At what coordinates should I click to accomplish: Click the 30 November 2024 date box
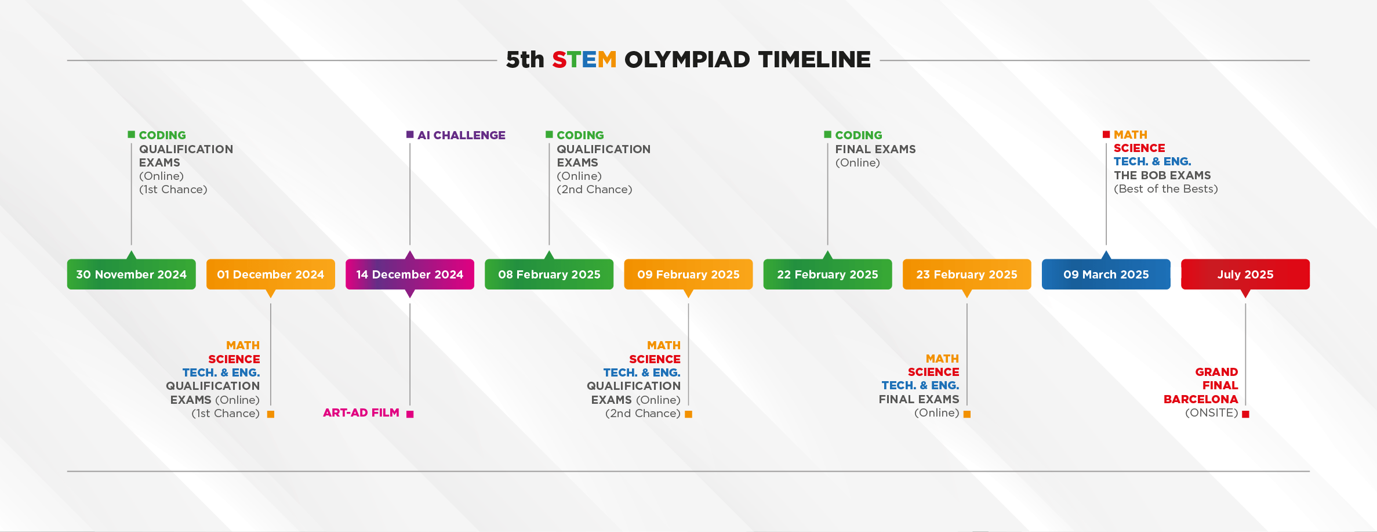(131, 274)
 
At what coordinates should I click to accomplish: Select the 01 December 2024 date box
(270, 274)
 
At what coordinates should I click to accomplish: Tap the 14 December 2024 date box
(409, 274)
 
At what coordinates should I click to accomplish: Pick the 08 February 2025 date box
(548, 274)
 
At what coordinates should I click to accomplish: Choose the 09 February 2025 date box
(688, 274)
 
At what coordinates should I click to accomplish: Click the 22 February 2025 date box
(827, 274)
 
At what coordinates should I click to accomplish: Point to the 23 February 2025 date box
(967, 274)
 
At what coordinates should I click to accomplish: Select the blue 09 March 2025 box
(1106, 274)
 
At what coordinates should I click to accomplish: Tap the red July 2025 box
(1245, 274)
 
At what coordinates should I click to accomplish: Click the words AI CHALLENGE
(461, 135)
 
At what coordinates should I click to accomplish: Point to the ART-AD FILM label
(361, 413)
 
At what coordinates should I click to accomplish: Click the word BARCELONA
(1200, 399)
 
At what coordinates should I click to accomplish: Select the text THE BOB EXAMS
(1162, 175)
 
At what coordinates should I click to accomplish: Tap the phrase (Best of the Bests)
(1165, 189)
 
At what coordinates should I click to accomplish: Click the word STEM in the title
(584, 60)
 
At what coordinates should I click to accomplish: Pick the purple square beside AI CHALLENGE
(410, 135)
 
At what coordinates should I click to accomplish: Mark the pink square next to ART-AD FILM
(410, 414)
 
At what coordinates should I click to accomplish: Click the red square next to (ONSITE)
(1245, 414)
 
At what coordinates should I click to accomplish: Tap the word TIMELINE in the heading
(813, 60)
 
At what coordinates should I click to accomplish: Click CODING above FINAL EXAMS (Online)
(858, 135)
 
